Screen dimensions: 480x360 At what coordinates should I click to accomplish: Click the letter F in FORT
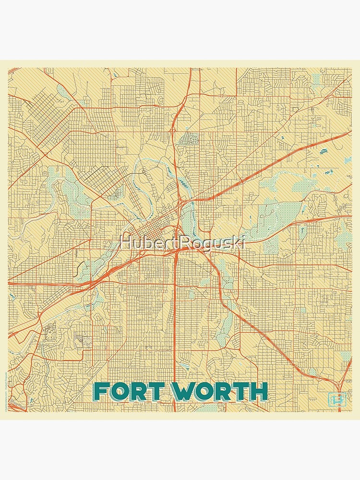[x=101, y=392]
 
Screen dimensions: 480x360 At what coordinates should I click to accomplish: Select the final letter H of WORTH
[x=258, y=392]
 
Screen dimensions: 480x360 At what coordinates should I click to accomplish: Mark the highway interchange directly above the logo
[x=338, y=379]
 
